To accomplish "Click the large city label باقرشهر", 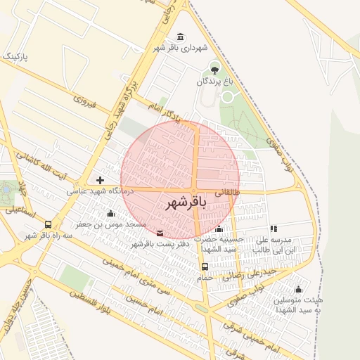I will pyautogui.click(x=186, y=204).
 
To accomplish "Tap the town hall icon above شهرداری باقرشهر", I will pyautogui.click(x=181, y=37).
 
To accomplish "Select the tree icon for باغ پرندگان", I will pyautogui.click(x=214, y=68).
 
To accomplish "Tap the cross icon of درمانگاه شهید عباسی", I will pyautogui.click(x=101, y=180).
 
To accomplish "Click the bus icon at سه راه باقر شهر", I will pyautogui.click(x=48, y=225).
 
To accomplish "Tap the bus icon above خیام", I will pyautogui.click(x=205, y=266).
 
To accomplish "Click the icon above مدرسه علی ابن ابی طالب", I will pyautogui.click(x=274, y=229).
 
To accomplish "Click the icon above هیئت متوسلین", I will pyautogui.click(x=298, y=289).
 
